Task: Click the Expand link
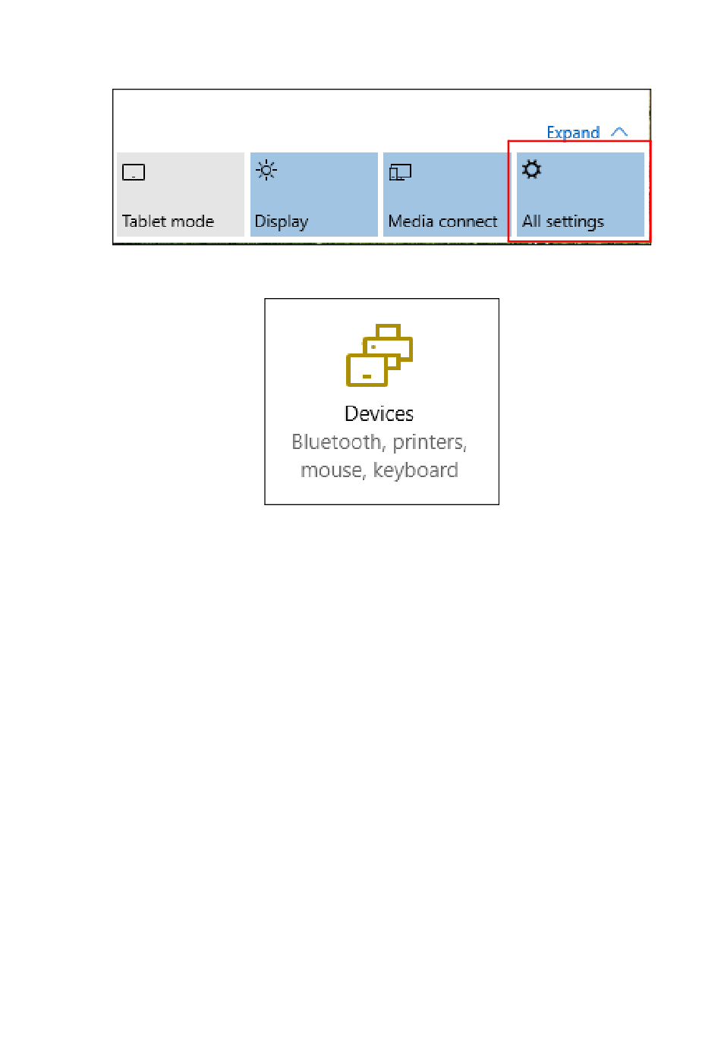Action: [x=573, y=133]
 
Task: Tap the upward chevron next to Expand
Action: [x=619, y=132]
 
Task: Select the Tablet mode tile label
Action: [x=168, y=221]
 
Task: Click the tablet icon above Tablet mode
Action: [x=134, y=173]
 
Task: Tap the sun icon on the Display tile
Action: [x=266, y=171]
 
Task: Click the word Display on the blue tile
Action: [x=281, y=221]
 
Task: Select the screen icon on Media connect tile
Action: [x=400, y=173]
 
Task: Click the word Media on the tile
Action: [x=410, y=221]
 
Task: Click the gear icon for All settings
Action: [x=532, y=170]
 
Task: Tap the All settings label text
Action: [x=563, y=221]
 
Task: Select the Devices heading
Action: [x=379, y=413]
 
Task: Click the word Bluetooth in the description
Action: [x=336, y=441]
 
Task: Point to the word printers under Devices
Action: [x=430, y=442]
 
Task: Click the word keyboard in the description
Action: [x=416, y=470]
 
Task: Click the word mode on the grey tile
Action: [x=193, y=221]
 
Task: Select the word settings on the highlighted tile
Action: [x=575, y=221]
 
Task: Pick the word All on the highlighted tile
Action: [x=531, y=221]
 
